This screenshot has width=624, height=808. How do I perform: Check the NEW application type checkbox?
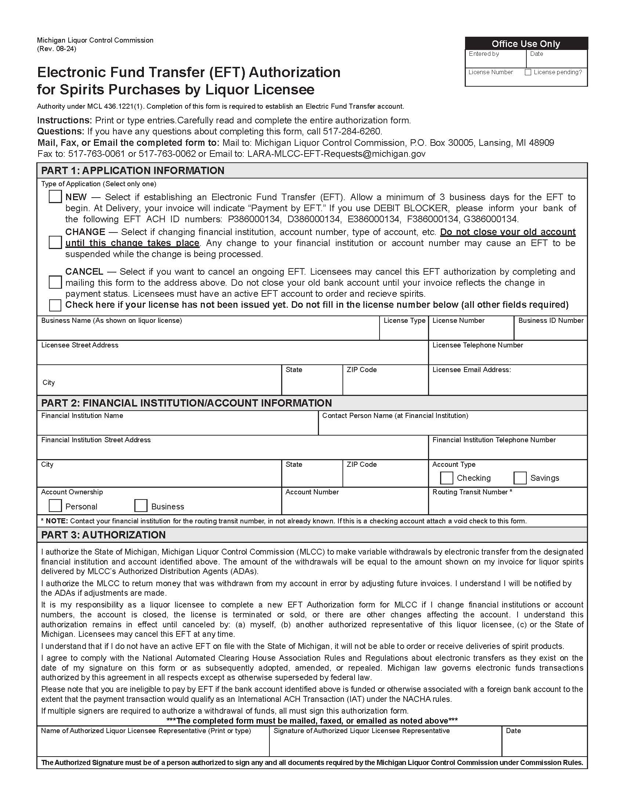pyautogui.click(x=55, y=196)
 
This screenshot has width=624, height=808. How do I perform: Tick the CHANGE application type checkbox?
pyautogui.click(x=55, y=243)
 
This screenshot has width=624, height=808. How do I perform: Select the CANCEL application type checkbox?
pyautogui.click(x=55, y=282)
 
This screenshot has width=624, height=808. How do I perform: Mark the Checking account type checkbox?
pyautogui.click(x=446, y=477)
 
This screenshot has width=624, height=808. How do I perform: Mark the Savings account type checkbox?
pyautogui.click(x=520, y=477)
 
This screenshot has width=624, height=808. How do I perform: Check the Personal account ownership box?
pyautogui.click(x=55, y=506)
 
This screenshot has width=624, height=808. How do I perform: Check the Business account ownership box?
pyautogui.click(x=141, y=506)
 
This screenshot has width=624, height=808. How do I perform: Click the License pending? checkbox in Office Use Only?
pyautogui.click(x=528, y=72)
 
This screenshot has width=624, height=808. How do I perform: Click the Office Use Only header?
pyautogui.click(x=526, y=44)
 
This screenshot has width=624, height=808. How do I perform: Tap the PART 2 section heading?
pyautogui.click(x=186, y=403)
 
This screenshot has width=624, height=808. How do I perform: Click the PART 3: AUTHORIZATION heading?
pyautogui.click(x=103, y=535)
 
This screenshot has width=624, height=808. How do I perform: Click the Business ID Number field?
pyautogui.click(x=550, y=332)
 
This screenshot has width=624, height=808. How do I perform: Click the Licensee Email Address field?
pyautogui.click(x=507, y=384)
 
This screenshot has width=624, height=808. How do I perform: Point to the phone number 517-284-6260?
pyautogui.click(x=352, y=131)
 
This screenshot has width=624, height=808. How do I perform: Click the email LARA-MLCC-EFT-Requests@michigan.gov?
pyautogui.click(x=336, y=154)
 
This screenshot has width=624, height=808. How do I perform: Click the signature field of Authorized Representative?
pyautogui.click(x=385, y=745)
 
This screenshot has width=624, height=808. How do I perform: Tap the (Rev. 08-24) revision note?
pyautogui.click(x=57, y=49)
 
